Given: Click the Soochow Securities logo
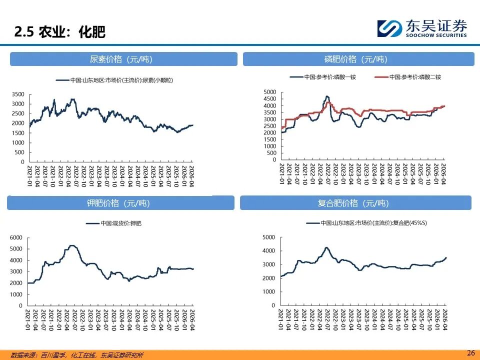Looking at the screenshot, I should click(422, 27).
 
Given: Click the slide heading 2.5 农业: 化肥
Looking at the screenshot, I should click(59, 32).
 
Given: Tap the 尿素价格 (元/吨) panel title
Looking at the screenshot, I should click(123, 59).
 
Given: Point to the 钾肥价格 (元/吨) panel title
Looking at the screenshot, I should click(120, 203).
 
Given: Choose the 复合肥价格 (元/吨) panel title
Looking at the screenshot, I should click(355, 203).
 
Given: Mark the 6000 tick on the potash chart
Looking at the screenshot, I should click(15, 237).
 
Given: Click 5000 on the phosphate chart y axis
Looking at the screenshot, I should click(269, 92).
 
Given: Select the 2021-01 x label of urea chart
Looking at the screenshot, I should click(30, 175).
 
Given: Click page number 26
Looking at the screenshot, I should click(470, 352).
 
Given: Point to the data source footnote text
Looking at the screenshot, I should click(77, 355).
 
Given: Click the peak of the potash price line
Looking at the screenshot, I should click(72, 245).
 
